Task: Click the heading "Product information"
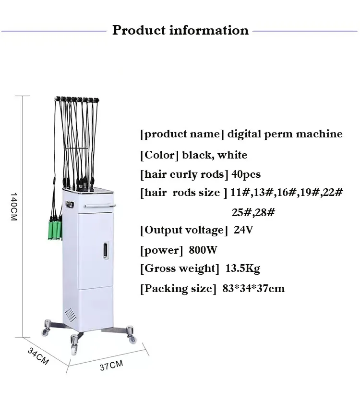[180, 30]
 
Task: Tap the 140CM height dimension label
[14, 207]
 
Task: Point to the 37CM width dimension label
[111, 366]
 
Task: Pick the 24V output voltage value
[243, 230]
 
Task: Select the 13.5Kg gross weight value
[242, 269]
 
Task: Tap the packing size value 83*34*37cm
[253, 288]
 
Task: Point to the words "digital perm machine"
[285, 134]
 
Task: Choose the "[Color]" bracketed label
[159, 155]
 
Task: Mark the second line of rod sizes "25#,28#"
[253, 211]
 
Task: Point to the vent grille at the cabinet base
[71, 315]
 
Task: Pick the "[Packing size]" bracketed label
[176, 288]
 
